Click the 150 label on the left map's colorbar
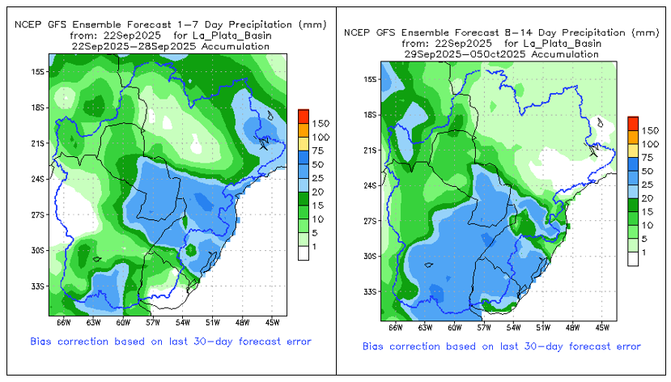tap(320, 123)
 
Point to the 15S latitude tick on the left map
tap(37, 71)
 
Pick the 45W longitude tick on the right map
tap(602, 328)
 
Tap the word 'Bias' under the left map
tap(44, 342)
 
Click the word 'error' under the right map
tap(624, 346)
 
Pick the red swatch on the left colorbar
tap(303, 114)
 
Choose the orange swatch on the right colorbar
tap(632, 134)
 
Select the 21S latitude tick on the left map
tap(37, 142)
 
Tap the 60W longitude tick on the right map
tap(454, 328)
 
